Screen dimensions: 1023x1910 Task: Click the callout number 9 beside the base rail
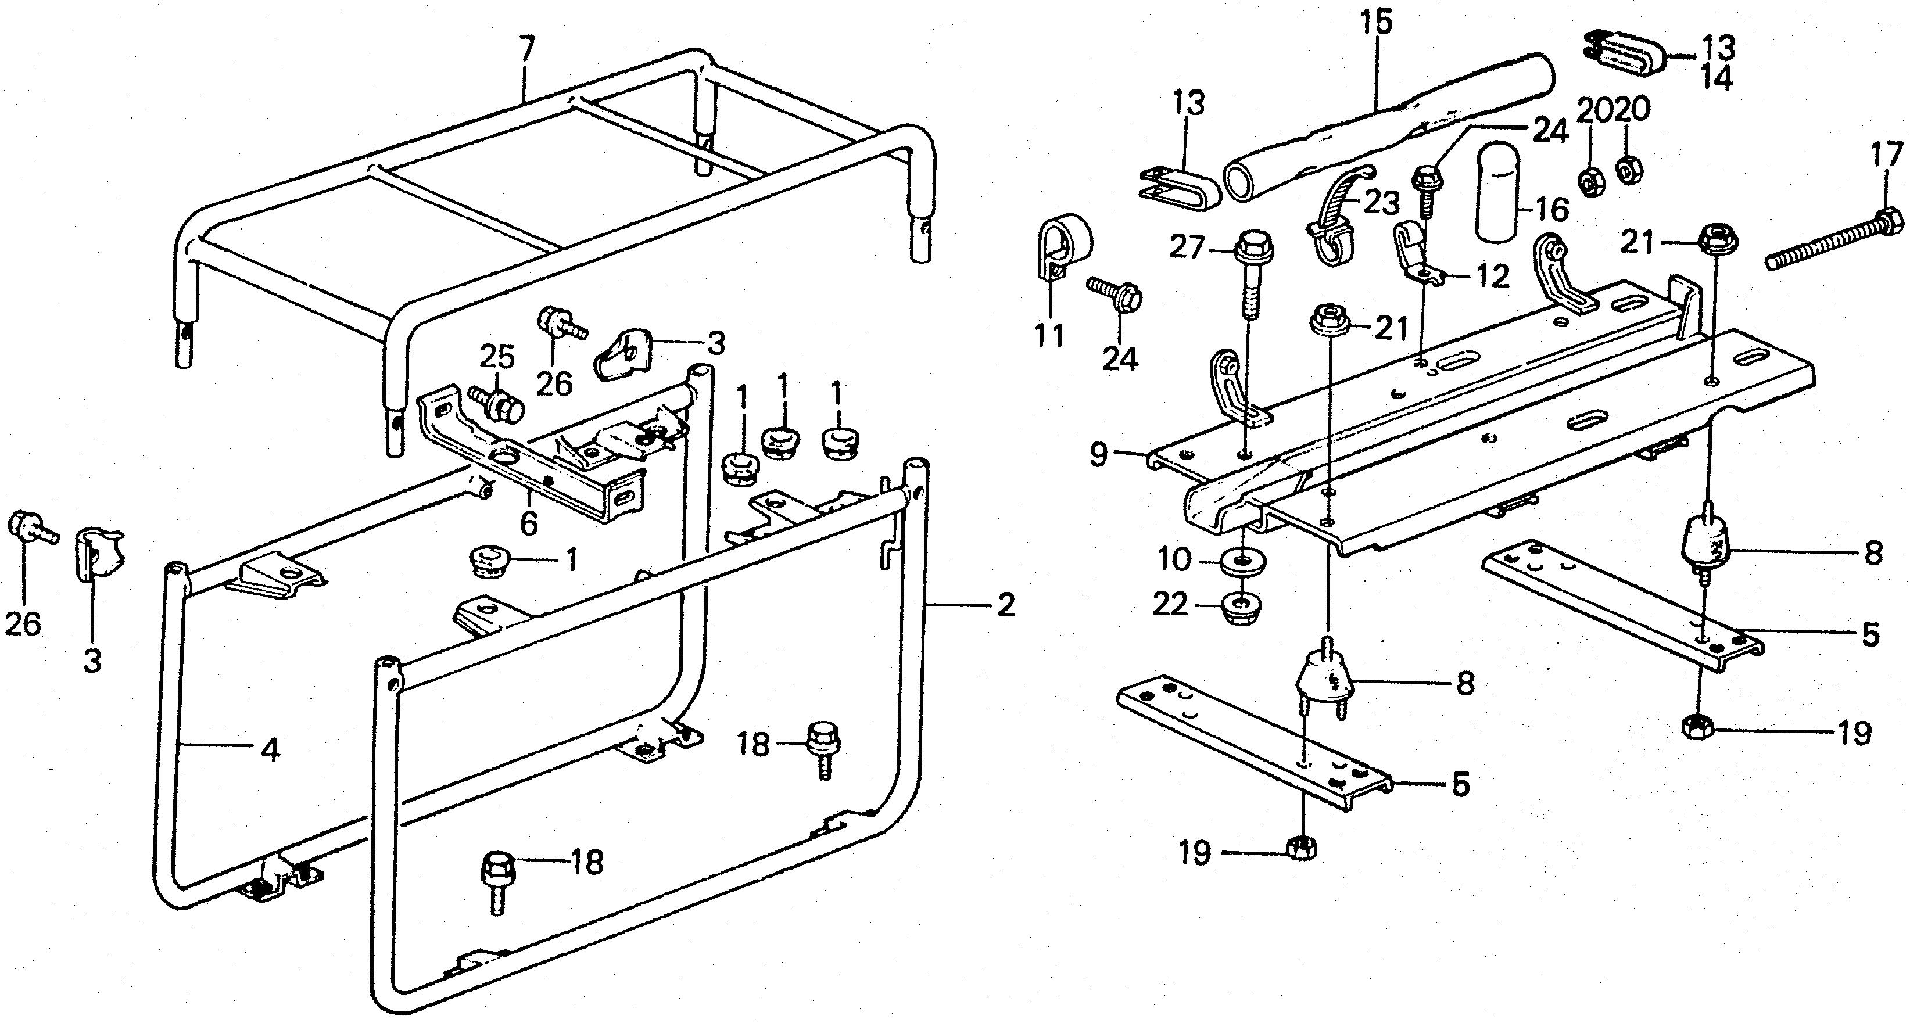(1099, 453)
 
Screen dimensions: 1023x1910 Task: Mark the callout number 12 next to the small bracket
(1490, 277)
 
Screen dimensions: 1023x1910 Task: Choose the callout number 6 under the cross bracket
(529, 524)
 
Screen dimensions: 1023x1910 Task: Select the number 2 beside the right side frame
(1005, 606)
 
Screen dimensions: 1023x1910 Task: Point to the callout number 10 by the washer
(1174, 561)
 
